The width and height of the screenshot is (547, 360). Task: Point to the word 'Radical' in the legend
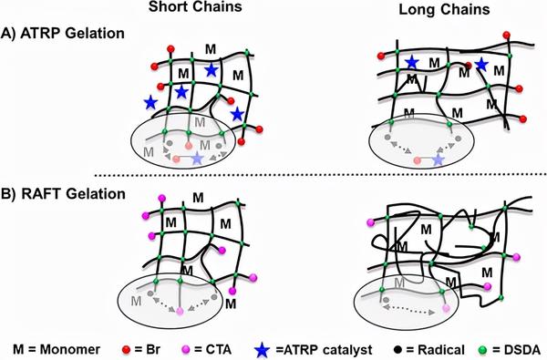pos(433,346)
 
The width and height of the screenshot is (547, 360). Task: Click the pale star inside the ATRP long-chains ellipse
pos(439,159)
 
